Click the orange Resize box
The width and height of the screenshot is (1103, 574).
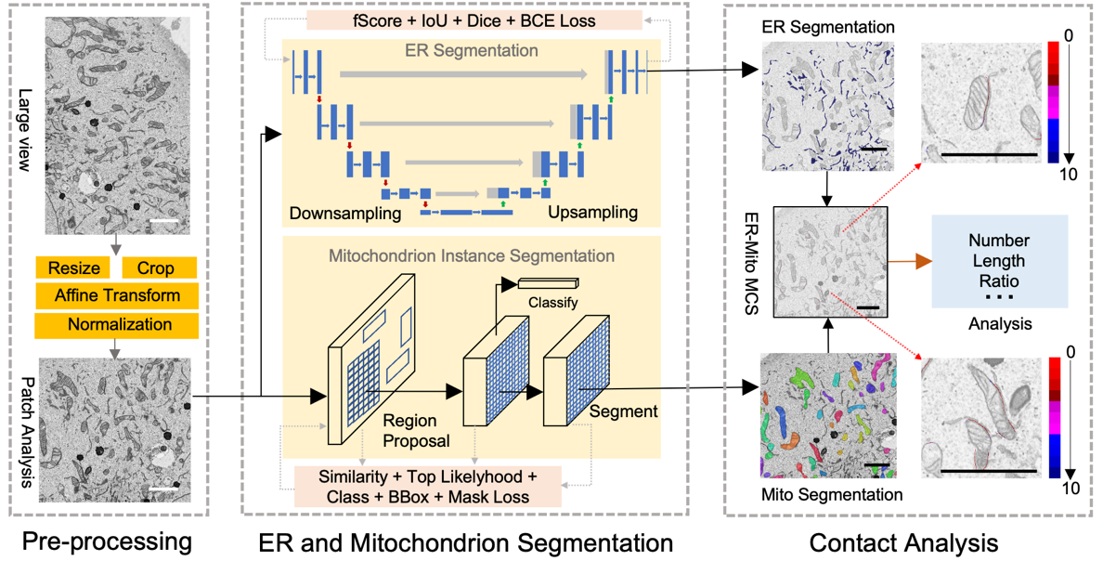coord(74,268)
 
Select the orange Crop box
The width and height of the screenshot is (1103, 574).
coord(155,268)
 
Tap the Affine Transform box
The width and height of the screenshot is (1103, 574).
coord(117,296)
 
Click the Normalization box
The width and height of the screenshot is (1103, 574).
coord(117,325)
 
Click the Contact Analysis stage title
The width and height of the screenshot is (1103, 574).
coord(903,542)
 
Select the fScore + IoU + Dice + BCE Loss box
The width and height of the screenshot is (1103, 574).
coord(474,20)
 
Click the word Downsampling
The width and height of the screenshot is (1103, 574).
coord(344,213)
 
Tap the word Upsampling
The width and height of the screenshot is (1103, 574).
coord(593,213)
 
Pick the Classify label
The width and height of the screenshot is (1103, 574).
coord(553,303)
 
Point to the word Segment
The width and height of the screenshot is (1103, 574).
coord(623,411)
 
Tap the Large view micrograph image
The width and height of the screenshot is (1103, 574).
coord(117,125)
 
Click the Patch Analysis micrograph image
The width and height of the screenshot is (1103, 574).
coord(117,429)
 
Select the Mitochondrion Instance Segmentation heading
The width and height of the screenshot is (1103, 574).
coord(473,254)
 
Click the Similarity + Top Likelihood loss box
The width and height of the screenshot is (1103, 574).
coord(428,487)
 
